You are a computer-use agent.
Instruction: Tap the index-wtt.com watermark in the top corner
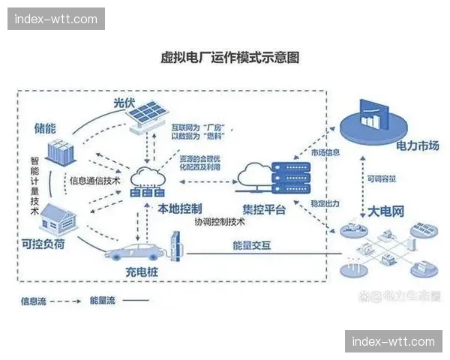(x=57, y=19)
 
